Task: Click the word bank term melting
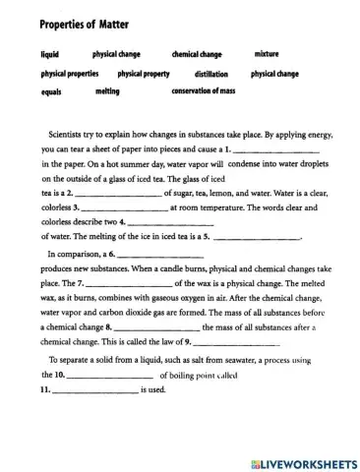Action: pos(107,91)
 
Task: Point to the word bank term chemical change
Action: pos(197,55)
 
